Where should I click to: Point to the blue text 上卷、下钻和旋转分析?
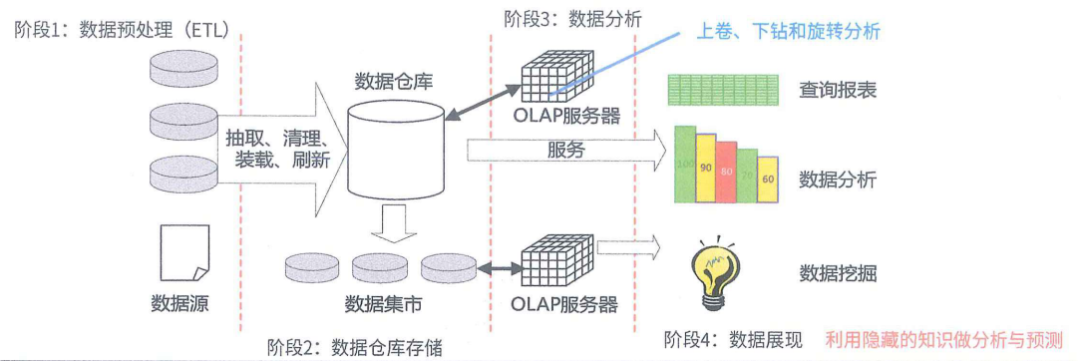tap(788, 31)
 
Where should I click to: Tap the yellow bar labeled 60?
tap(767, 180)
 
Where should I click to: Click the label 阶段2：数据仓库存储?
tap(354, 346)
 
